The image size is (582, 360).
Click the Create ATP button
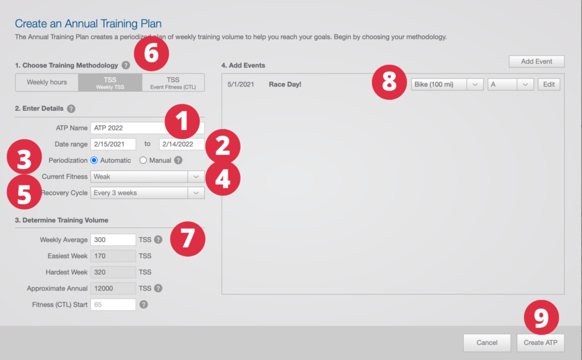(x=541, y=342)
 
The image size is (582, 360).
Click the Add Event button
(x=537, y=61)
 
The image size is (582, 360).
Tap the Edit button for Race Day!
(x=548, y=84)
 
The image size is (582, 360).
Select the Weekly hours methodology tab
(x=47, y=82)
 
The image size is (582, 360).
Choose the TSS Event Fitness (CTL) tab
(x=173, y=82)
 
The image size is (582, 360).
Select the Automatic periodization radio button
(x=94, y=160)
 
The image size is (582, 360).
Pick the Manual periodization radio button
(x=143, y=160)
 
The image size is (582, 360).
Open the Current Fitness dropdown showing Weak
(x=147, y=176)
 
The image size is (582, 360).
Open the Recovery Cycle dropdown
(x=147, y=193)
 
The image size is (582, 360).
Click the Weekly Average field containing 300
(x=113, y=239)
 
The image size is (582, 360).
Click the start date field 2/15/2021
(x=113, y=144)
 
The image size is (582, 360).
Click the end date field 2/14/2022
(x=181, y=144)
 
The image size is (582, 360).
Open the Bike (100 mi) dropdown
(x=447, y=84)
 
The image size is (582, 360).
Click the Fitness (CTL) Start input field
(x=113, y=305)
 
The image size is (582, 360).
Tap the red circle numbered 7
(x=188, y=239)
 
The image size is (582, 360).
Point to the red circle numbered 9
(x=541, y=317)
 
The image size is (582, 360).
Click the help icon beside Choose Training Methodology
(x=126, y=65)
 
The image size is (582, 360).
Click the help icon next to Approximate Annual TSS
(x=158, y=288)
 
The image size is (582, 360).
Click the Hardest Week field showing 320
(x=113, y=272)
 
